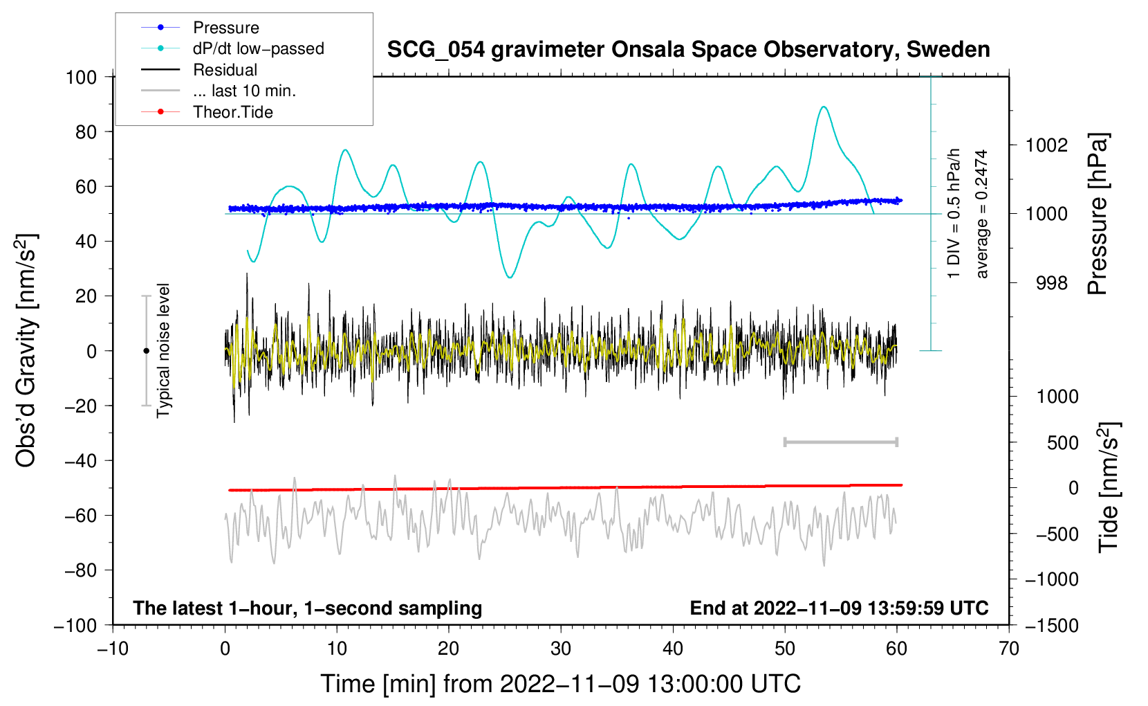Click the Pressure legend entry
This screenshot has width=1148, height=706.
[x=200, y=27]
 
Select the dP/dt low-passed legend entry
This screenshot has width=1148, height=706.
[x=232, y=48]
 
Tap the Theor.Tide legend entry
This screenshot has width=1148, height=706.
[x=207, y=112]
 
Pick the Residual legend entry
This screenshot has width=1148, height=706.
[x=199, y=70]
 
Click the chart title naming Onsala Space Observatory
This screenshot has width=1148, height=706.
[x=688, y=50]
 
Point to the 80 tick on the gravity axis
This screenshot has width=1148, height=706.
[x=86, y=132]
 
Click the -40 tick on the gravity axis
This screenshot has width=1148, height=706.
[x=81, y=461]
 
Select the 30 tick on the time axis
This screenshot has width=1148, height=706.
[x=561, y=649]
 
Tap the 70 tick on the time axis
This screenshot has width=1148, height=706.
[x=1008, y=649]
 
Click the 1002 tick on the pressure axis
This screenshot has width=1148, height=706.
[x=1046, y=145]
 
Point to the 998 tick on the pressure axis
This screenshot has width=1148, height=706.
[x=1052, y=282]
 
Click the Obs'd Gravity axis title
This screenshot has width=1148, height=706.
[x=26, y=350]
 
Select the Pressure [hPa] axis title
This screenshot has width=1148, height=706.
[x=1098, y=214]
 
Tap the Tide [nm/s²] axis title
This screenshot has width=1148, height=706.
[x=1108, y=487]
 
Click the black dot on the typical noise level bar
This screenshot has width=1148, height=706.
[x=146, y=351]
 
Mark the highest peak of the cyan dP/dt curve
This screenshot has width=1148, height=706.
[x=824, y=107]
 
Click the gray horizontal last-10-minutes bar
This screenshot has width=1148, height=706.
[x=840, y=442]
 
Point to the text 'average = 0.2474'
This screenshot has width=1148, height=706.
[x=981, y=214]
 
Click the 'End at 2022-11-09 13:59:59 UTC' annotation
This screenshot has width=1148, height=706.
[x=839, y=608]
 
